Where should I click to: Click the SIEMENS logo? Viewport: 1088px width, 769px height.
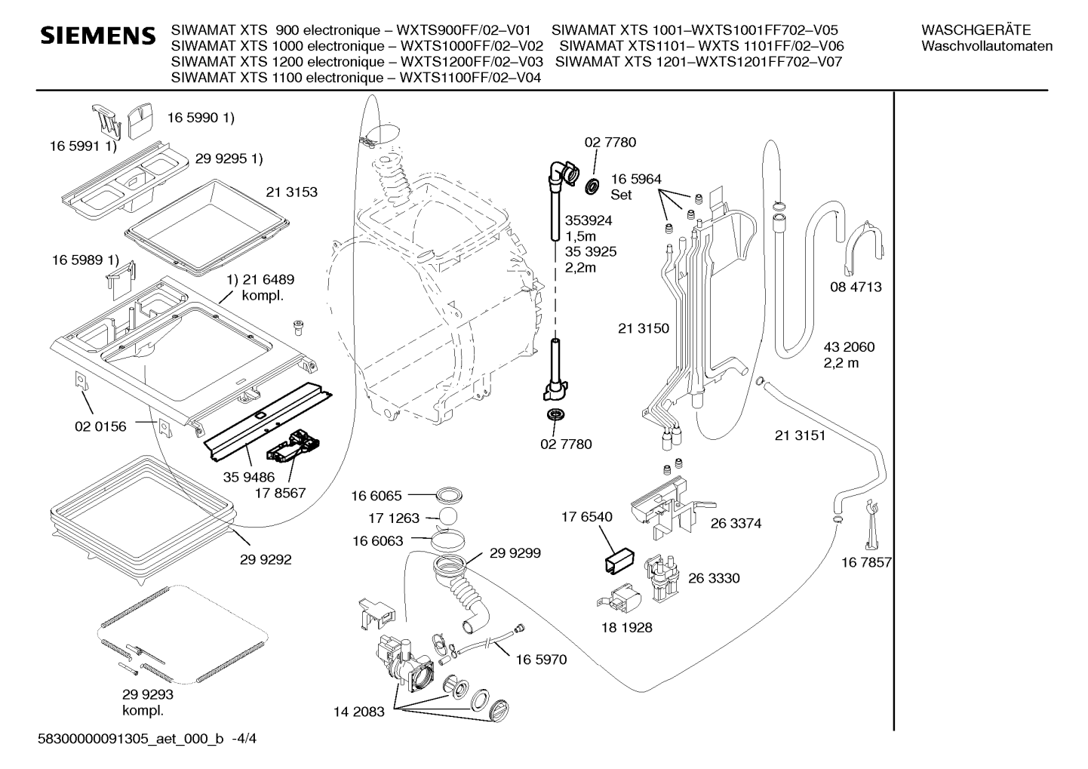tap(98, 35)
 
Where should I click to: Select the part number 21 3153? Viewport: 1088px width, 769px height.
tap(291, 192)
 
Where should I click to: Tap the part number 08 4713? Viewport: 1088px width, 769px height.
tap(856, 287)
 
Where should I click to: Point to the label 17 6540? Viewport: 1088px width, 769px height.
tap(587, 516)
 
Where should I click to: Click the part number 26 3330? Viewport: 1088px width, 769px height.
tap(714, 578)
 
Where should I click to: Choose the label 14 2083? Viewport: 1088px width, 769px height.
tap(359, 712)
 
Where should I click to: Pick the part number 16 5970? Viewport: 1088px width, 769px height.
tap(541, 660)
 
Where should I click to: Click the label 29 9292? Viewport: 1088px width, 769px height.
tap(266, 560)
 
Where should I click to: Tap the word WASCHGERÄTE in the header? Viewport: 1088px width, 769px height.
tap(976, 30)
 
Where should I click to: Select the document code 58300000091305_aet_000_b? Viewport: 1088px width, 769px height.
tap(131, 739)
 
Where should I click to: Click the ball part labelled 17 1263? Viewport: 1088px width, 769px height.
tap(448, 517)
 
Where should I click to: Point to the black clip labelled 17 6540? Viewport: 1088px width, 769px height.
tap(619, 561)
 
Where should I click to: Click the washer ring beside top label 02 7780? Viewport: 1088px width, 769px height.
tap(591, 186)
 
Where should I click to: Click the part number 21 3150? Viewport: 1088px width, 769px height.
tap(644, 328)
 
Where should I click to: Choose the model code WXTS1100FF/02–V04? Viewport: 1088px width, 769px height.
tap(470, 77)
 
